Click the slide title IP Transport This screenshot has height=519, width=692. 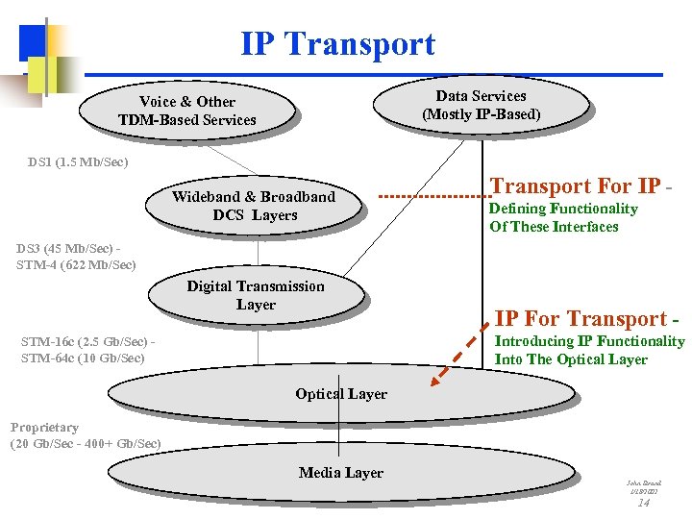(x=337, y=44)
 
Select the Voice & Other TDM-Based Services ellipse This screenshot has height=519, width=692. (x=186, y=111)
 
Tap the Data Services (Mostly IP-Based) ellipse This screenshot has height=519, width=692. (x=481, y=105)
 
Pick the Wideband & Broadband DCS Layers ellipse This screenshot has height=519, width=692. (x=254, y=206)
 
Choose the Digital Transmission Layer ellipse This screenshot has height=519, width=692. (x=256, y=295)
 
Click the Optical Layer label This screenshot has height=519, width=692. (x=341, y=394)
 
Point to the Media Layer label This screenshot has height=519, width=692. (x=340, y=473)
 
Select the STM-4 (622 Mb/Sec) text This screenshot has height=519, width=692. (x=76, y=264)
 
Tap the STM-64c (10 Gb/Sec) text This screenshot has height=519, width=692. (x=83, y=358)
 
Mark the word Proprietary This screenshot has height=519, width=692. (x=44, y=427)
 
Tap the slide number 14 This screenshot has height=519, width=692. (x=644, y=502)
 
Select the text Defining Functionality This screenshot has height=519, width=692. (x=563, y=209)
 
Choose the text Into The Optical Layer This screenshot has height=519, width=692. (x=571, y=359)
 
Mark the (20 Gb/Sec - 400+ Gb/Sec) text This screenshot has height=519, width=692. (x=86, y=444)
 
